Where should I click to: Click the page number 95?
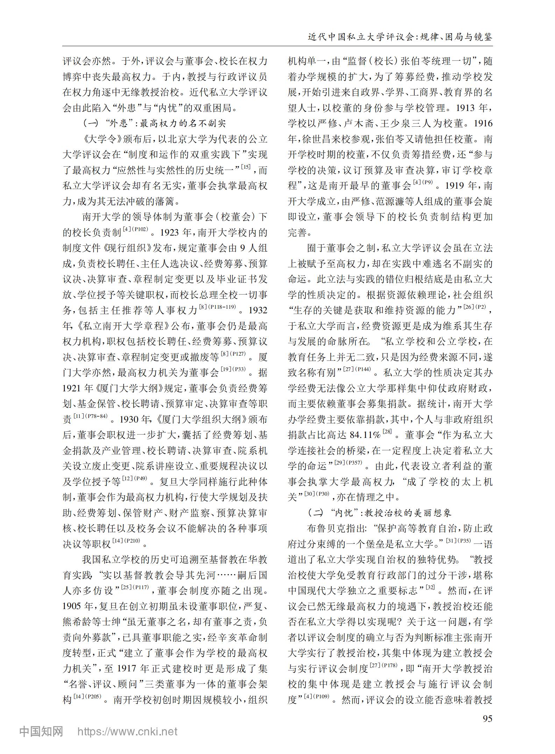click(487, 719)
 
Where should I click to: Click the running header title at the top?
click(400, 37)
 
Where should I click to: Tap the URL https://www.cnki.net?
click(127, 731)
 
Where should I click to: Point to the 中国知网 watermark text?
click(41, 731)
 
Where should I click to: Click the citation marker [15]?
click(246, 167)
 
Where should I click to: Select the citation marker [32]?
click(430, 587)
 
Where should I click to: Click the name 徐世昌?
click(319, 139)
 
